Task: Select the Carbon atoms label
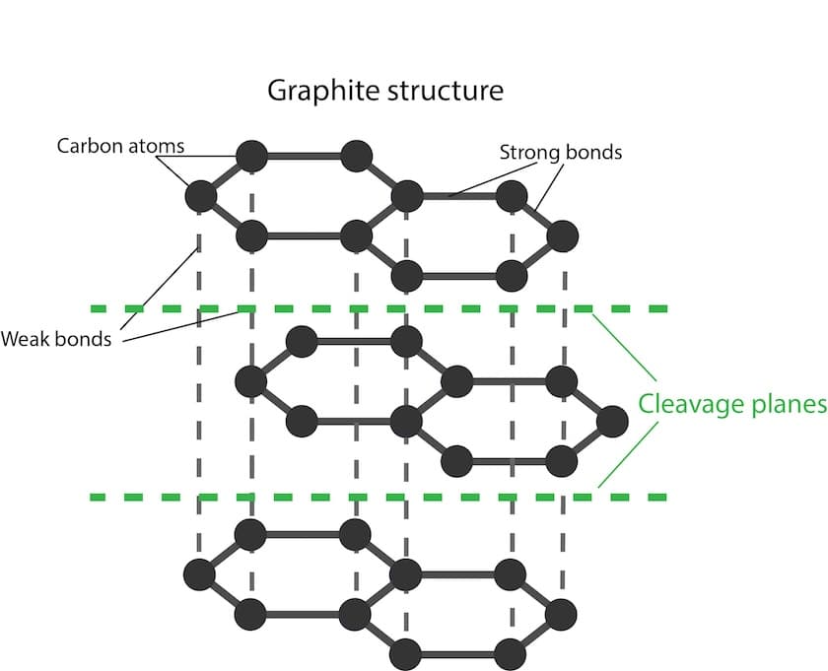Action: tap(120, 146)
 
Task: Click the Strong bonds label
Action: tap(560, 153)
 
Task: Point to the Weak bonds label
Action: tap(55, 339)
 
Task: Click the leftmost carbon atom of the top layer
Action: tap(201, 195)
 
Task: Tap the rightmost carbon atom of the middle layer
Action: tap(612, 422)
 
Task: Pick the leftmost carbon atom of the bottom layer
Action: tap(200, 573)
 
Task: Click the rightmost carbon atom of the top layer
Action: tap(562, 236)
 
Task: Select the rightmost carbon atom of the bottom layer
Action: tap(561, 615)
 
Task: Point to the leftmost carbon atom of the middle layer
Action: tap(251, 380)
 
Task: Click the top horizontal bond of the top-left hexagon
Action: tap(304, 156)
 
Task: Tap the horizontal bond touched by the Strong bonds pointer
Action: tap(458, 196)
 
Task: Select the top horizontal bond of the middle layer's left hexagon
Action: tap(354, 342)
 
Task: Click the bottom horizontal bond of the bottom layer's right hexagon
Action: tap(458, 653)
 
